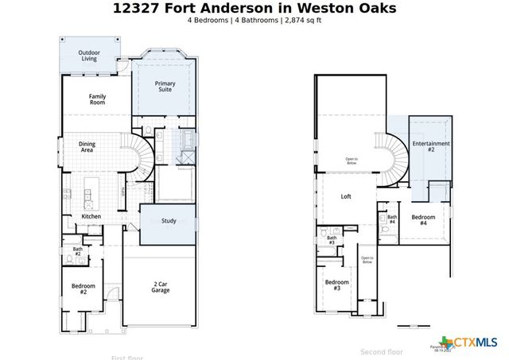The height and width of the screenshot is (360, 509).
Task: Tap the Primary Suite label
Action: click(165, 87)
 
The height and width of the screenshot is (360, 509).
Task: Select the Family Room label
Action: click(97, 99)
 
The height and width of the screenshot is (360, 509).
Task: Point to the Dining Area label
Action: click(87, 147)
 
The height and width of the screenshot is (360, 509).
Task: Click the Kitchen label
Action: click(91, 216)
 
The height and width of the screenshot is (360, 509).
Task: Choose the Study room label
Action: click(168, 221)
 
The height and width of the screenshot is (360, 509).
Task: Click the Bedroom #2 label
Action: click(84, 289)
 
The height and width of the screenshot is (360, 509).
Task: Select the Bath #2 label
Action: click(78, 252)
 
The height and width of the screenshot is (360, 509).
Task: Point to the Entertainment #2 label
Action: click(430, 146)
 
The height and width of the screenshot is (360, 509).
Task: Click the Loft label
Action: click(346, 196)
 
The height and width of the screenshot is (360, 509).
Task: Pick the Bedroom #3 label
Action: click(336, 285)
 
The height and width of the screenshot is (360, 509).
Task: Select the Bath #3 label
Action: click(332, 240)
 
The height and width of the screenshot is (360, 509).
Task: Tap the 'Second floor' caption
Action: click(382, 351)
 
